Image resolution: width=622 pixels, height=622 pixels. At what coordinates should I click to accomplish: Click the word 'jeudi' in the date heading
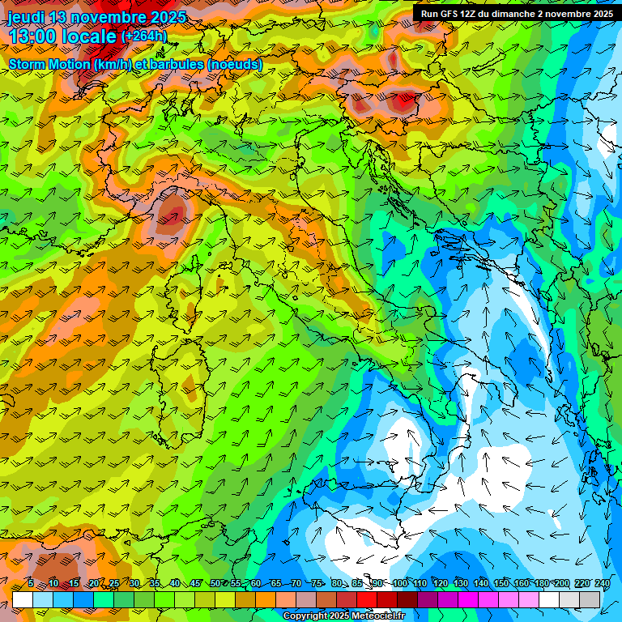pyautogui.click(x=27, y=17)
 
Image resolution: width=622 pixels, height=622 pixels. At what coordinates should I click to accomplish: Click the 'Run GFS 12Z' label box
pyautogui.click(x=516, y=14)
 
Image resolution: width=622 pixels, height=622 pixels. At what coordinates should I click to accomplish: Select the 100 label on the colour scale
pyautogui.click(x=399, y=583)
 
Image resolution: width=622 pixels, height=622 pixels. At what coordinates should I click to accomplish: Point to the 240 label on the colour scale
pyautogui.click(x=602, y=583)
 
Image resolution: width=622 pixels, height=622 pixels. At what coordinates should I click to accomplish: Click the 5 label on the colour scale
pyautogui.click(x=31, y=583)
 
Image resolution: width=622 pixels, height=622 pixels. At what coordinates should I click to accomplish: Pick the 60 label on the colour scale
pyautogui.click(x=256, y=583)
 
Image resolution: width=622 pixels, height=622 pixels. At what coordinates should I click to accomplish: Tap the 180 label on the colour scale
pyautogui.click(x=541, y=583)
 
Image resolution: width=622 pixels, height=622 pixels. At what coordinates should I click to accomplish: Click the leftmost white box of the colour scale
pyautogui.click(x=23, y=599)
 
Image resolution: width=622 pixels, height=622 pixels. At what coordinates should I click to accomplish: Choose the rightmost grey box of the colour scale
pyautogui.click(x=590, y=599)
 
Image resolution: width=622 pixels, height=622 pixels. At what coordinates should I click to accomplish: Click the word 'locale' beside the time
pyautogui.click(x=90, y=37)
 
